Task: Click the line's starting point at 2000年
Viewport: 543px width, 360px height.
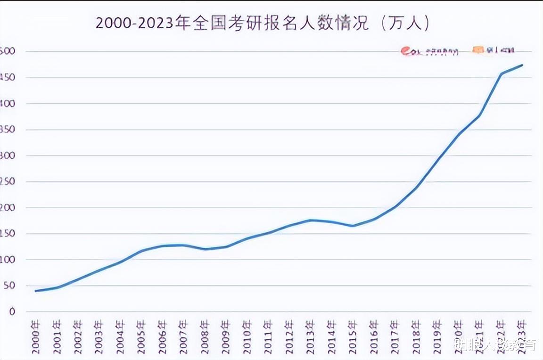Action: [36, 291]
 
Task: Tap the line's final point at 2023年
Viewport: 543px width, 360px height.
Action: [522, 65]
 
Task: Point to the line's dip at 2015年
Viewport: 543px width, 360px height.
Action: [352, 226]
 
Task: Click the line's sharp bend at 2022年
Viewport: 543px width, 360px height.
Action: [501, 74]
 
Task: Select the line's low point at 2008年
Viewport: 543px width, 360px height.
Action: [205, 249]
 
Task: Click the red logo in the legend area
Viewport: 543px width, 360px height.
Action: [406, 51]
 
